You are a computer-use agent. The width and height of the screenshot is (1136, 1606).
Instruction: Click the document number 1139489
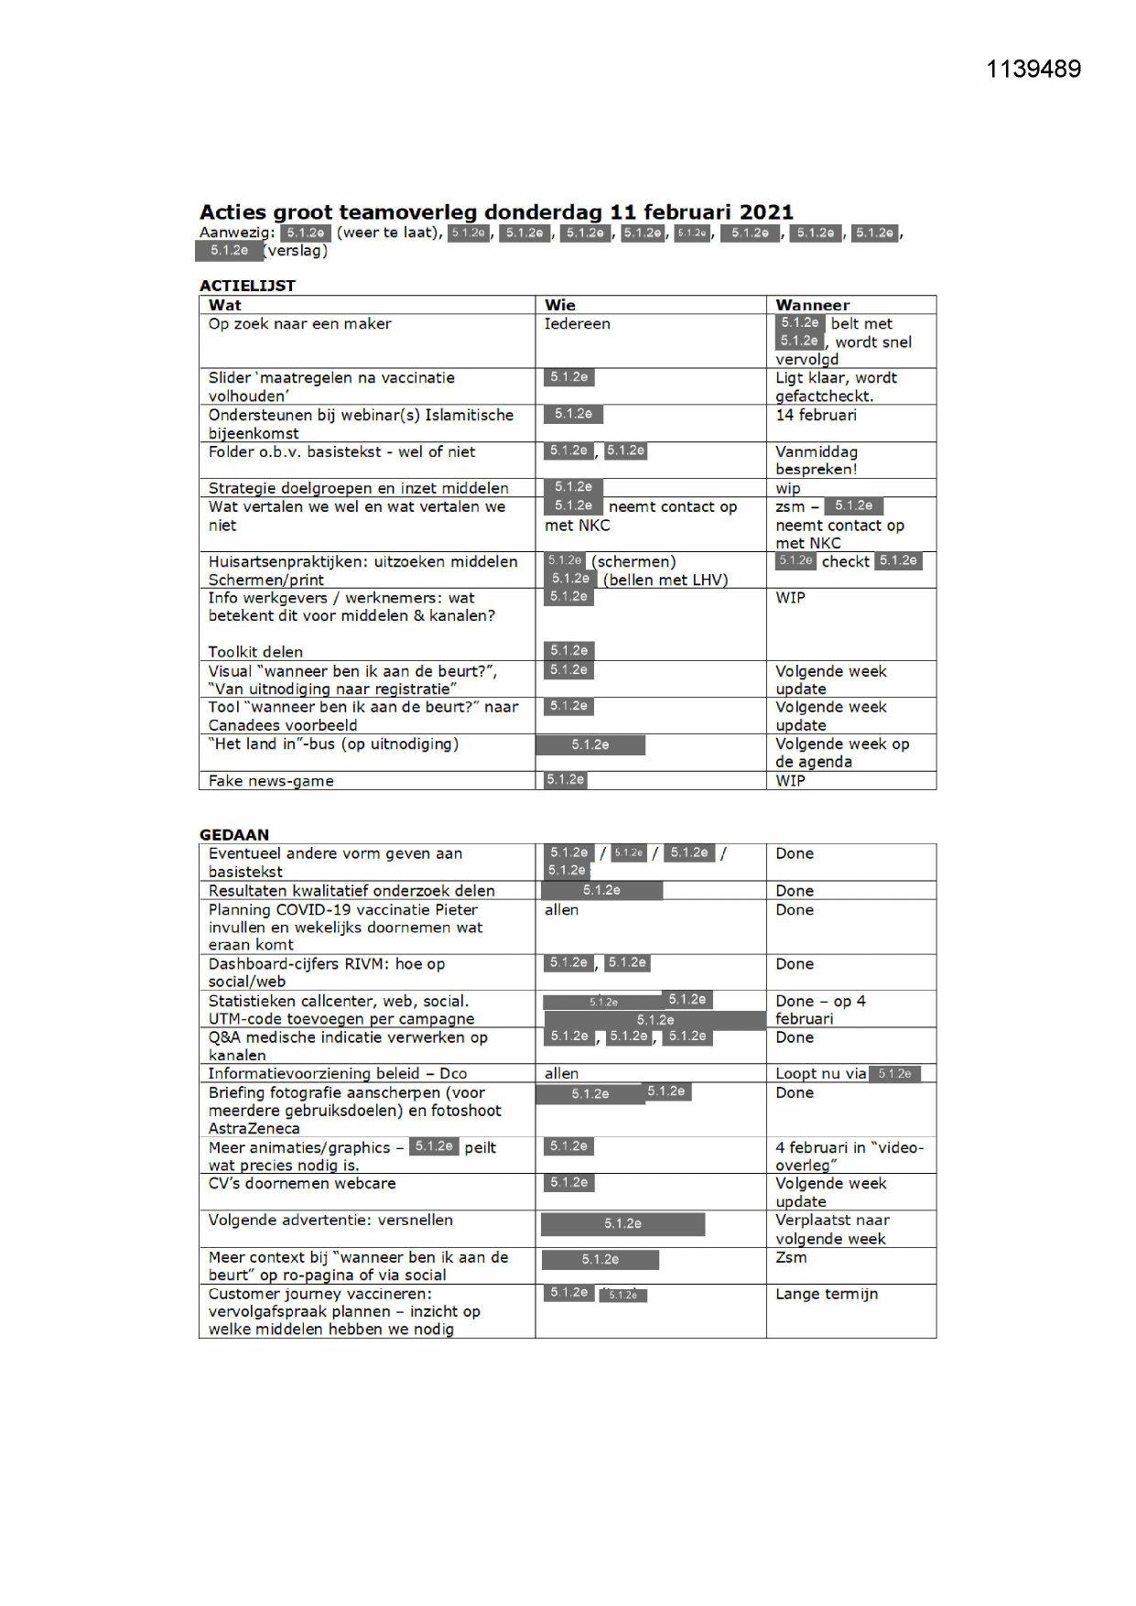[x=1033, y=70]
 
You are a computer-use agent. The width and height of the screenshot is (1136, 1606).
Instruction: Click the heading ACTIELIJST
[x=247, y=286]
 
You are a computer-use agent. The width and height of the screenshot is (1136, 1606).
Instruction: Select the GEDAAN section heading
[x=234, y=834]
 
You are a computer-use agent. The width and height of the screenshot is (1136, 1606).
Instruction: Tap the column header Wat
[x=225, y=305]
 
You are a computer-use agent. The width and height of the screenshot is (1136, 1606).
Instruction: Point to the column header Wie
[x=559, y=305]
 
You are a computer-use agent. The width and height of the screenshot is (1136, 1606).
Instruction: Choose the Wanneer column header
[x=812, y=305]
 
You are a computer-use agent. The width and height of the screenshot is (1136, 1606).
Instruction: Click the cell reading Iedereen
[x=577, y=324]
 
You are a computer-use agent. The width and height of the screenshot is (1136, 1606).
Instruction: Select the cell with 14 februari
[x=816, y=415]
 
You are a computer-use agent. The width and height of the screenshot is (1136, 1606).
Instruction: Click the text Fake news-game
[x=271, y=781]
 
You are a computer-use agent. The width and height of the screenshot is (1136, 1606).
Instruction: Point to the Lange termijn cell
[x=826, y=1294]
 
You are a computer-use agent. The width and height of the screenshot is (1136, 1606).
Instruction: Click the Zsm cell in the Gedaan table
[x=791, y=1257]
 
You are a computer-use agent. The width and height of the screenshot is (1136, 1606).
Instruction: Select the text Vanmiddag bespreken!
[x=816, y=461]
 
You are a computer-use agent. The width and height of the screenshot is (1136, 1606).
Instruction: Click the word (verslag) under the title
[x=296, y=250]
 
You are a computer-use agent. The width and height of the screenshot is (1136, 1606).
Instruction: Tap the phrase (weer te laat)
[x=389, y=233]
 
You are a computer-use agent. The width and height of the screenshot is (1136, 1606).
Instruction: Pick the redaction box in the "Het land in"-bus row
[x=590, y=745]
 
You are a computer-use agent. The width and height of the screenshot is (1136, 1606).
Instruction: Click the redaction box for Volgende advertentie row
[x=622, y=1224]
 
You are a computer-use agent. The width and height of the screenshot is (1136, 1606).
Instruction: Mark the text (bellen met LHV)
[x=665, y=580]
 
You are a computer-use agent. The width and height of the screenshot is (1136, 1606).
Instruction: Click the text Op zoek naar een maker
[x=299, y=324]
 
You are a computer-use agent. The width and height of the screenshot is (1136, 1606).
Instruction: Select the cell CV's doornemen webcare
[x=302, y=1184]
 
